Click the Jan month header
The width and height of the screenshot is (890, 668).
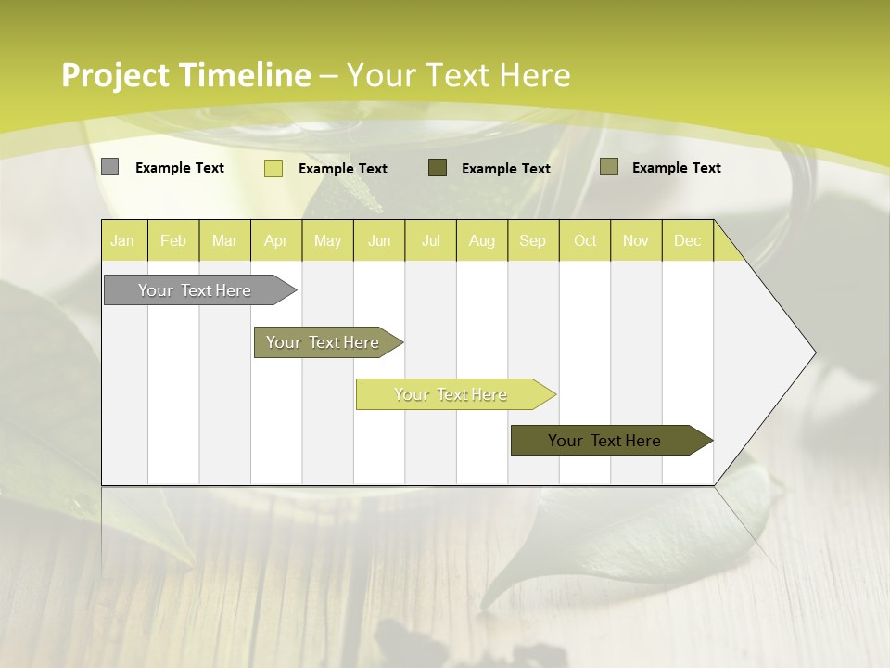pyautogui.click(x=122, y=241)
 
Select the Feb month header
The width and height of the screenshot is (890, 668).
pyautogui.click(x=173, y=241)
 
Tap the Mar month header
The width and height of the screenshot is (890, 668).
pyautogui.click(x=224, y=241)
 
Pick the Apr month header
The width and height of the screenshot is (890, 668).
pyautogui.click(x=276, y=241)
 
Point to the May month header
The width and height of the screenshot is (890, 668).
pyautogui.click(x=327, y=241)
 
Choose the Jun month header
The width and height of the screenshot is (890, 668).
pyautogui.click(x=379, y=241)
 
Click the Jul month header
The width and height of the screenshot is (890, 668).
pyautogui.click(x=430, y=241)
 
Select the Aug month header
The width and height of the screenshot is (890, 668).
pyautogui.click(x=482, y=241)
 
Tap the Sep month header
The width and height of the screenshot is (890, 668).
pyautogui.click(x=533, y=241)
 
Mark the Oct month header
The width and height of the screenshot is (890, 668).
pyautogui.click(x=585, y=241)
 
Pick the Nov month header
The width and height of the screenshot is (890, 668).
pyautogui.click(x=636, y=241)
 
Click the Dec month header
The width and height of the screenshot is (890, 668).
pyautogui.click(x=688, y=241)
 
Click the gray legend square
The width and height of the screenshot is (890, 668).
pyautogui.click(x=109, y=167)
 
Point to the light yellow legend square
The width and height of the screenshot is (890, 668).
pyautogui.click(x=273, y=168)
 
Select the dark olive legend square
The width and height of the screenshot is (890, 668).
pyautogui.click(x=438, y=167)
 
